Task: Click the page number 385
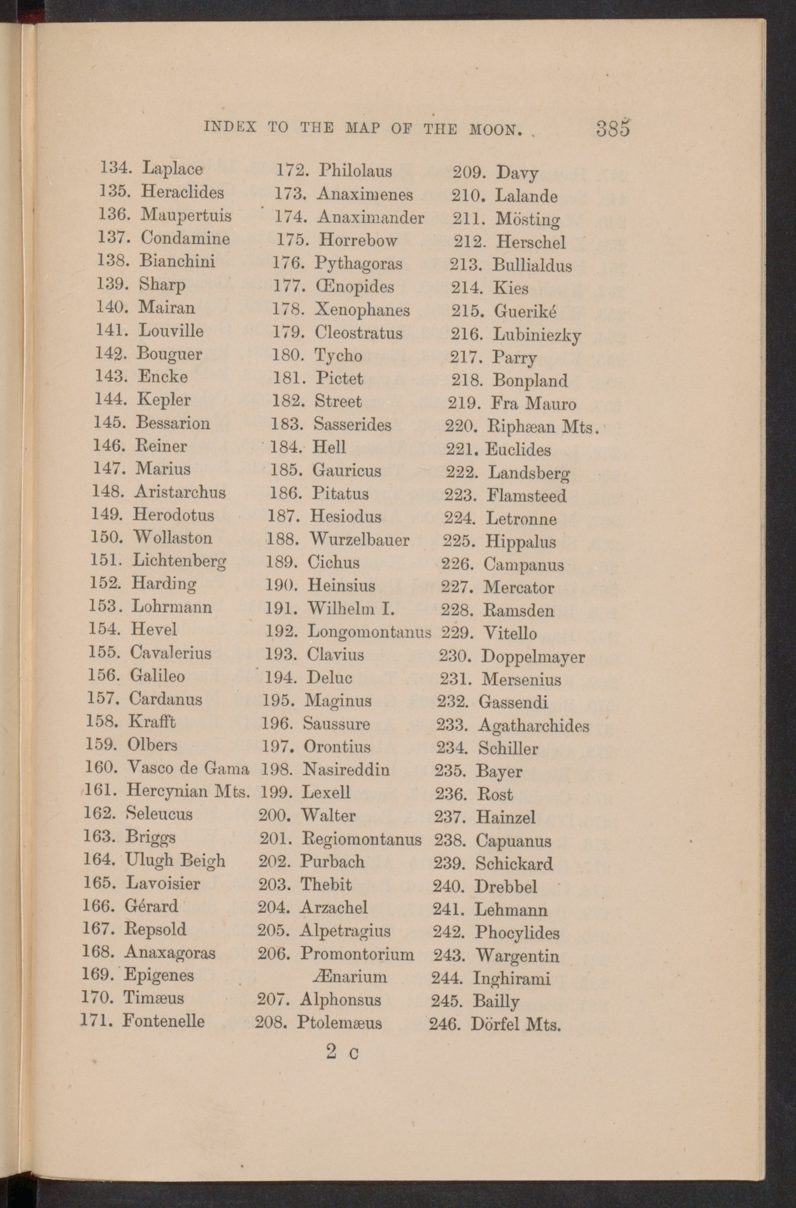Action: tap(613, 129)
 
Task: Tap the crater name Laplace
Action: tap(172, 168)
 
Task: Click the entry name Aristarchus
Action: tap(180, 492)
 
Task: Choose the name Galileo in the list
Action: tap(157, 675)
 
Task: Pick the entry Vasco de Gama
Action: tap(188, 768)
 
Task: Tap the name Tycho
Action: tap(338, 356)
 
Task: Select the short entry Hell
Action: tap(329, 447)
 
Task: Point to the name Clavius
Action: tap(336, 655)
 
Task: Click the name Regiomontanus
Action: tap(361, 839)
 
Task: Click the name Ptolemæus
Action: tap(340, 1022)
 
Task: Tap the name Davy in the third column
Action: tap(517, 174)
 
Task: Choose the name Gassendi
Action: tap(513, 702)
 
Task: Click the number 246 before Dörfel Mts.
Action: tap(445, 1023)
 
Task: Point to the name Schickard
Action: tap(514, 864)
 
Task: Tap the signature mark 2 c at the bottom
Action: tap(342, 1052)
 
